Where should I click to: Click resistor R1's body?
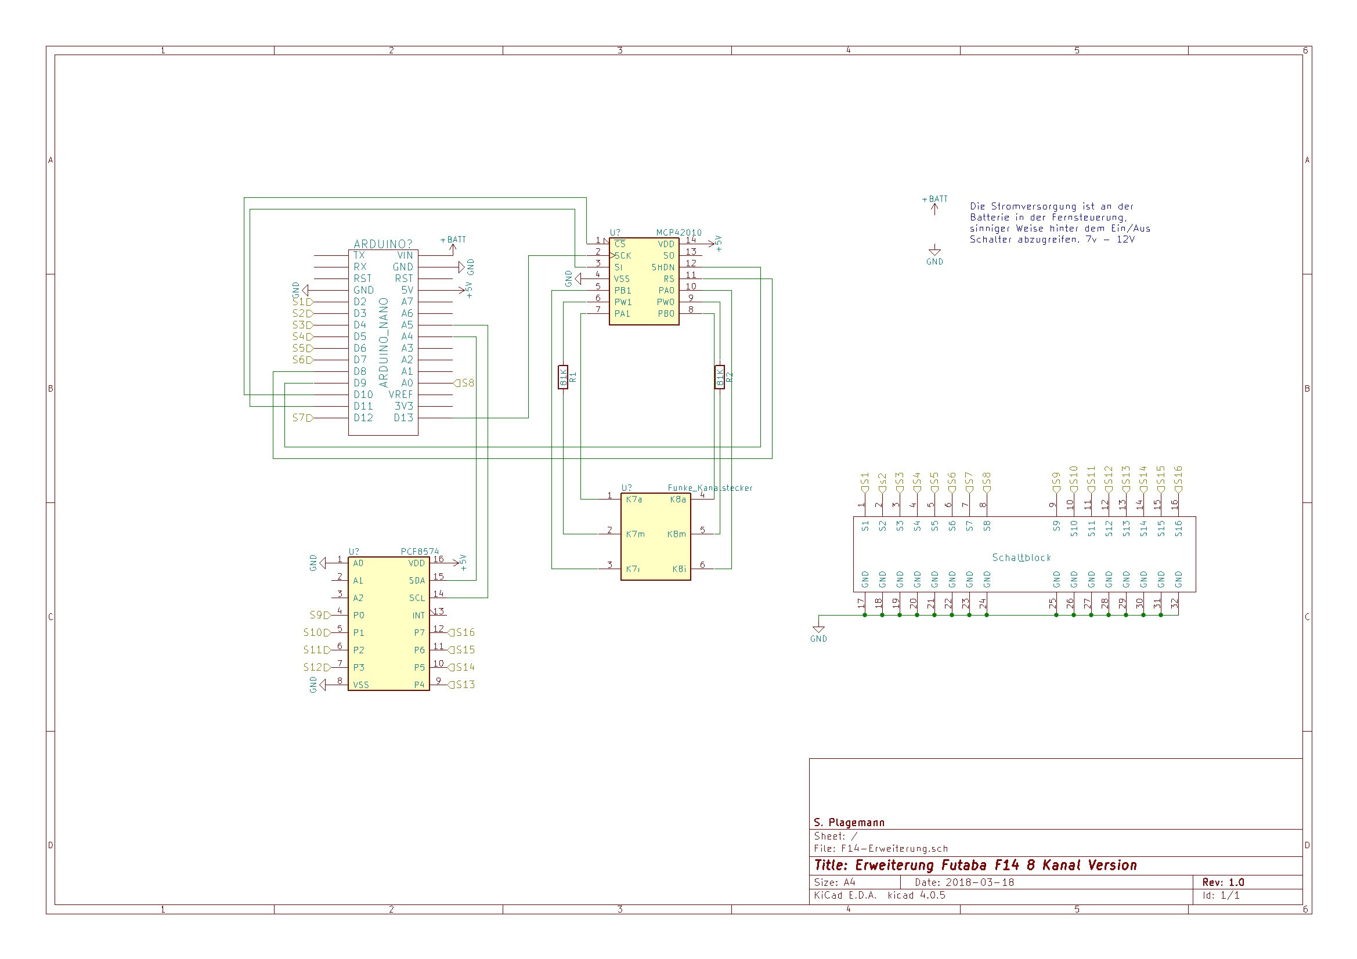(562, 377)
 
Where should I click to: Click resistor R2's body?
(719, 377)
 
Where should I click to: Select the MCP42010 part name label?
(678, 233)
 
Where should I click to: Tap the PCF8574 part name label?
(420, 552)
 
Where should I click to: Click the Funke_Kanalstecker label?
(710, 488)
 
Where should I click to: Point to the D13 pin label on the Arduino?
(403, 418)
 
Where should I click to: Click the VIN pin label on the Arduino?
(405, 255)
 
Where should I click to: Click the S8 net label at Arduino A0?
(464, 383)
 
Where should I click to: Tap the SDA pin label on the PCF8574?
(417, 581)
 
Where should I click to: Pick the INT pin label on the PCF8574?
(418, 616)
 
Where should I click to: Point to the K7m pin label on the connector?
(636, 534)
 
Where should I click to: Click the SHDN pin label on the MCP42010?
(663, 267)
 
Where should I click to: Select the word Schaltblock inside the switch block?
(1022, 557)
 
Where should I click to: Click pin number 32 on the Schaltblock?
(1175, 603)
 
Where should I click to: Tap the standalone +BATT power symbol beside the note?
(934, 204)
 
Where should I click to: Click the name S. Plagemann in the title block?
(849, 823)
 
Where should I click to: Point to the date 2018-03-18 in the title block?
(980, 882)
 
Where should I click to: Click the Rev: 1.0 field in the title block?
(1223, 882)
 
